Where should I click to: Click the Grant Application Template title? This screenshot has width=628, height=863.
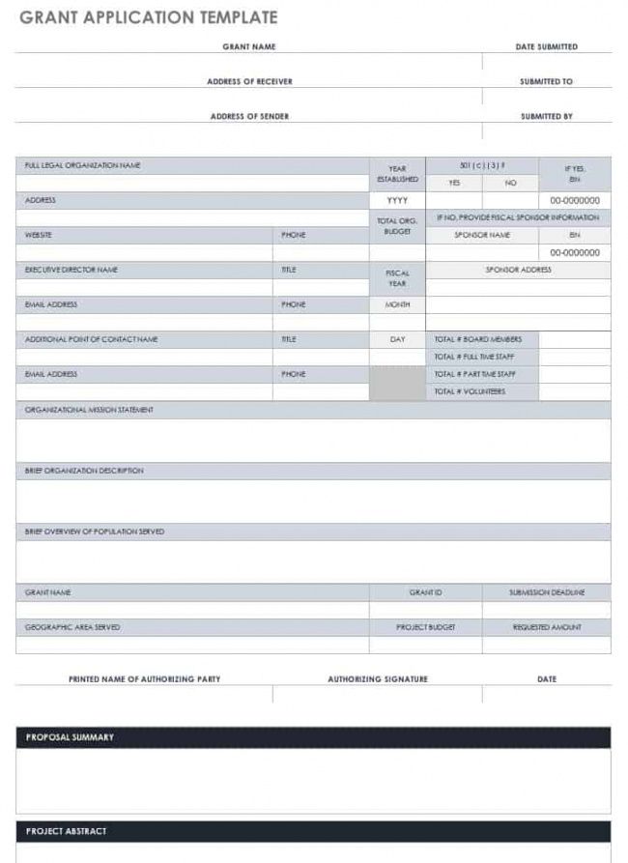pyautogui.click(x=148, y=17)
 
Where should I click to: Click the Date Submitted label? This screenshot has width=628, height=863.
pyautogui.click(x=546, y=46)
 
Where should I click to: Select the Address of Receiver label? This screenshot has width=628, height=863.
pyautogui.click(x=249, y=81)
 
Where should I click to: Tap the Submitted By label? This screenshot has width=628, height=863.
pyautogui.click(x=546, y=116)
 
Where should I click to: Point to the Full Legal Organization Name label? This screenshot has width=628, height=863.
pyautogui.click(x=83, y=165)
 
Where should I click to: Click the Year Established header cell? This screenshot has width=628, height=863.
pyautogui.click(x=397, y=174)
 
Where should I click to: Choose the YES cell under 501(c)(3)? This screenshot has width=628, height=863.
pyautogui.click(x=454, y=183)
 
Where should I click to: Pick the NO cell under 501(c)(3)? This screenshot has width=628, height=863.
pyautogui.click(x=510, y=183)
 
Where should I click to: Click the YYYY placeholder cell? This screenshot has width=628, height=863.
pyautogui.click(x=397, y=200)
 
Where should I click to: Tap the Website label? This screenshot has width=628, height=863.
pyautogui.click(x=39, y=235)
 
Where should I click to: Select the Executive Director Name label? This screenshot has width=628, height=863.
pyautogui.click(x=71, y=270)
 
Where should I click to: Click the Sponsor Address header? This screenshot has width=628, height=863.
pyautogui.click(x=518, y=270)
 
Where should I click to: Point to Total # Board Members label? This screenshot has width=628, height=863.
pyautogui.click(x=478, y=339)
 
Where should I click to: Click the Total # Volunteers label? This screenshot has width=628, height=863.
pyautogui.click(x=470, y=391)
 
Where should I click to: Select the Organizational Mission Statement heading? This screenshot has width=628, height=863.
pyautogui.click(x=89, y=410)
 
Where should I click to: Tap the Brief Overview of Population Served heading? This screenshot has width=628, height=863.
pyautogui.click(x=95, y=532)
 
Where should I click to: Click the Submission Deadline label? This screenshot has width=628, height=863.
pyautogui.click(x=546, y=592)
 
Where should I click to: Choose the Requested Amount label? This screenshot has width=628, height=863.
pyautogui.click(x=546, y=627)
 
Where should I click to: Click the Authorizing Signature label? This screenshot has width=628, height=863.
pyautogui.click(x=377, y=679)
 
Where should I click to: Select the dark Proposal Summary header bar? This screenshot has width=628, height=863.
pyautogui.click(x=313, y=737)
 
